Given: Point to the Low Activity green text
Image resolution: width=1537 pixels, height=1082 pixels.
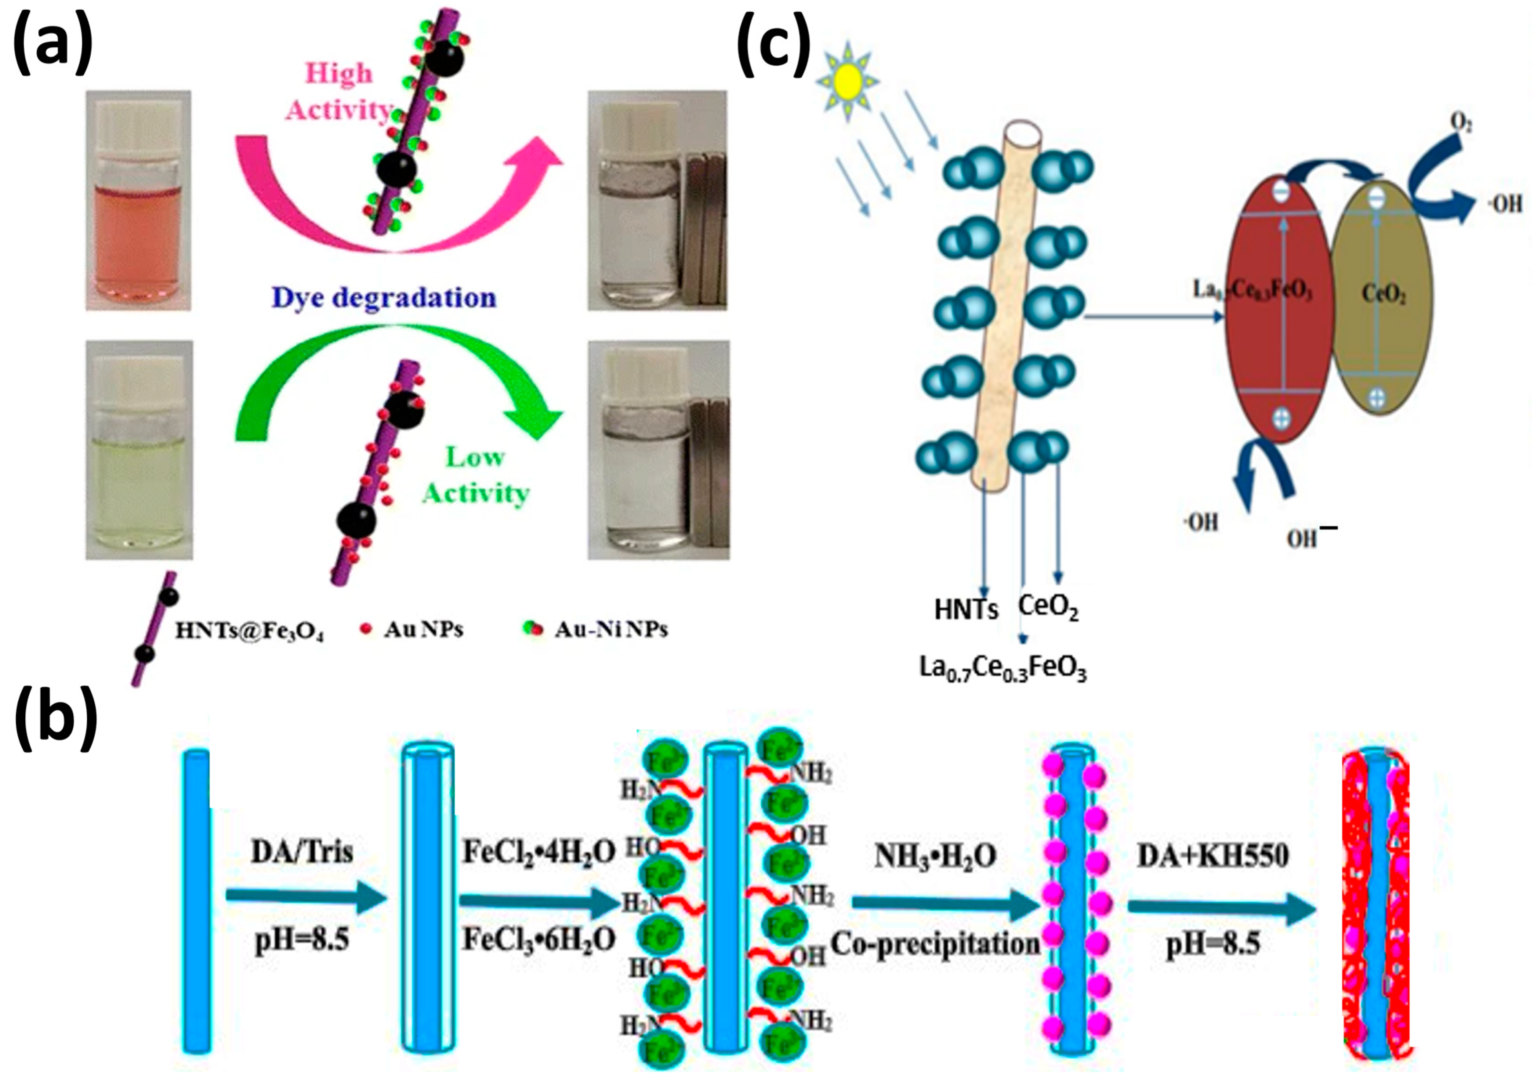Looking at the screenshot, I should pos(475,476).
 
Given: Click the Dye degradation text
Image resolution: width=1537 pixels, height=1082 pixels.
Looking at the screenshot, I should pos(384,298).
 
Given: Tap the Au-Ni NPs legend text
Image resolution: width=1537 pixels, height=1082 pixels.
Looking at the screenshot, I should pos(610,630).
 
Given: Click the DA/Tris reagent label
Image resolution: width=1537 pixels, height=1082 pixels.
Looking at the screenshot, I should pos(302,852).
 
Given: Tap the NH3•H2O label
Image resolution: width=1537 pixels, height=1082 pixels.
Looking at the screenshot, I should pos(935,856).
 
